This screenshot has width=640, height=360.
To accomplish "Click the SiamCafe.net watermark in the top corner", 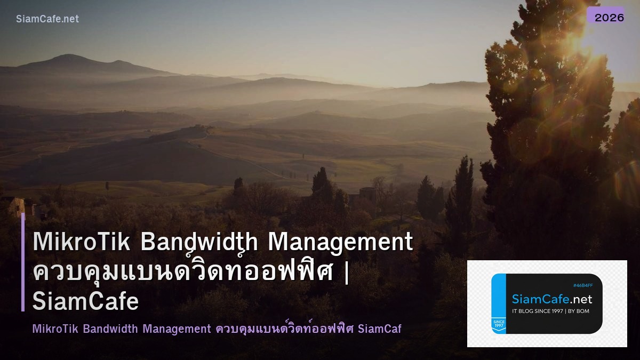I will point(47,19).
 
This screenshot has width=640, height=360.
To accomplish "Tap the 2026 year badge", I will point(609,17).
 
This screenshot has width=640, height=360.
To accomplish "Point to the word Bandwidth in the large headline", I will point(199,242).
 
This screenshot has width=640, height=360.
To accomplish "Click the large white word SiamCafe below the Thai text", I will point(86,301).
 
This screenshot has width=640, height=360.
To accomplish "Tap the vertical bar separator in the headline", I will point(347,272).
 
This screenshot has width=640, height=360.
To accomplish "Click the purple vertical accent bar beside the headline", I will point(23,262).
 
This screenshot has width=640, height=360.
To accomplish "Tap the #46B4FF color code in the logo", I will point(582,285).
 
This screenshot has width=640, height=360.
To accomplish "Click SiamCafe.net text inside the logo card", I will point(552,299).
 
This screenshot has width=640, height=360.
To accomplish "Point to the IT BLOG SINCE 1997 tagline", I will point(539,311).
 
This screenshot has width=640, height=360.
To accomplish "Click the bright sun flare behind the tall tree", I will point(579,35).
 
